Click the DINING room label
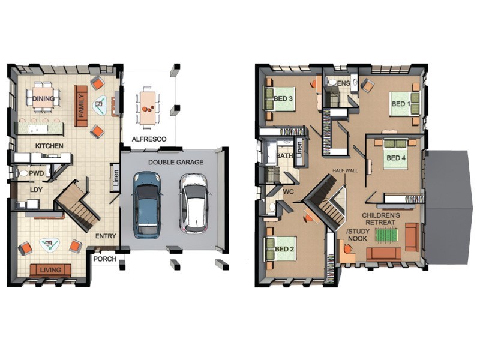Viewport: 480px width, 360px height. (43, 98)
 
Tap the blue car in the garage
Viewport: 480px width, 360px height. (146, 205)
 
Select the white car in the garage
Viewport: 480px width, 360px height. (194, 203)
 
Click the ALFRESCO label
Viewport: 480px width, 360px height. (149, 139)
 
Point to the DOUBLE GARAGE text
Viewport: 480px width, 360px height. (176, 162)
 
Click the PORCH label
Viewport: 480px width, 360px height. (104, 259)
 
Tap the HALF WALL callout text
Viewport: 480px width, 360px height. (345, 171)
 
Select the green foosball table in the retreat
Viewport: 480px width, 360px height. (386, 236)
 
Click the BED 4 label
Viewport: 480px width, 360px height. (396, 158)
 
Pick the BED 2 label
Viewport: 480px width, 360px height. (284, 249)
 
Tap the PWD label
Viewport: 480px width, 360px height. (37, 173)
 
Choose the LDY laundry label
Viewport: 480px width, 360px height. (36, 190)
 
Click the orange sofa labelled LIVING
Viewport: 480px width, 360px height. (50, 270)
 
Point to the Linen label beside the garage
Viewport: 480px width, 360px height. (115, 178)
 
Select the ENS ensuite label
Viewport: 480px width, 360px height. (344, 83)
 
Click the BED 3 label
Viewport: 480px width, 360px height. (283, 98)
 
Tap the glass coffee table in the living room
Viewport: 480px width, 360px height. (50, 245)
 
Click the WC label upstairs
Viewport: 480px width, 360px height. (289, 192)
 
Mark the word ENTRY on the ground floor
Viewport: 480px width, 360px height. (106, 236)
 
